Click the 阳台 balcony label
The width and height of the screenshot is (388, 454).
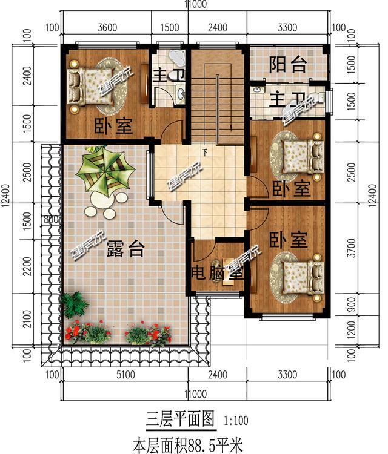coord(287,65)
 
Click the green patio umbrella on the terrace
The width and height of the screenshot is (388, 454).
coord(105,171)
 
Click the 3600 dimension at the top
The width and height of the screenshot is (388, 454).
coord(107,27)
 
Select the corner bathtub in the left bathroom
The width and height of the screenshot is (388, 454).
coord(175,58)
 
